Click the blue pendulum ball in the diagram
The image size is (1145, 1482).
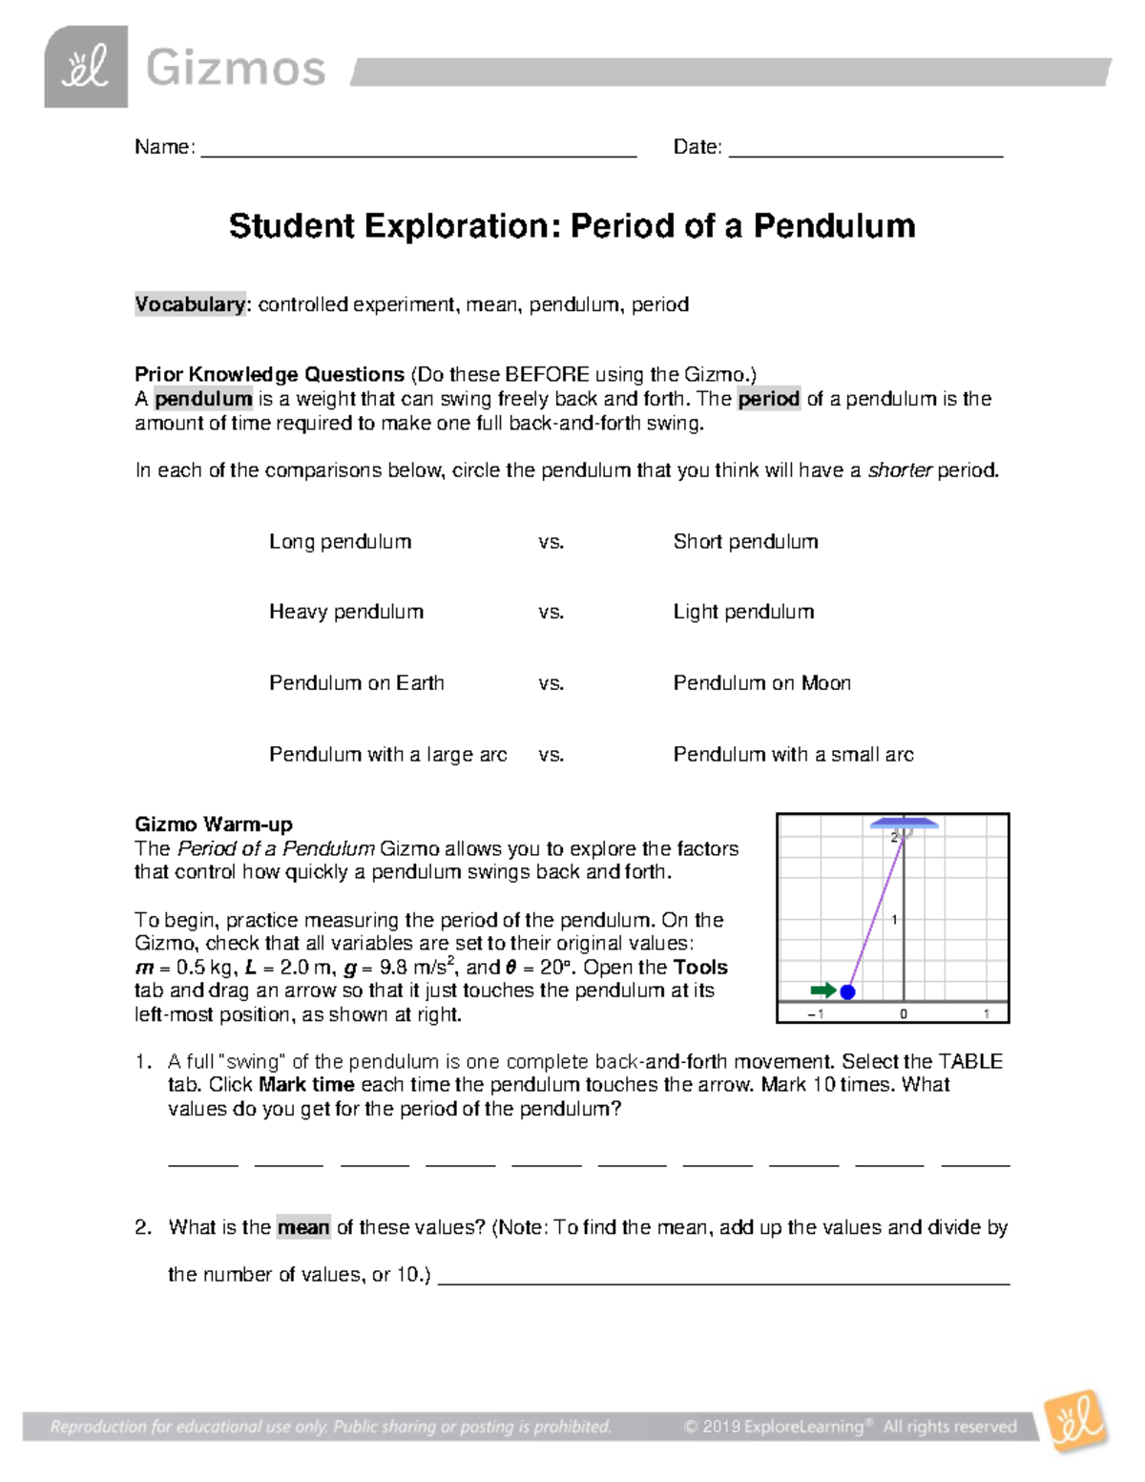tap(846, 991)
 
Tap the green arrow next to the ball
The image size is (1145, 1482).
tap(823, 990)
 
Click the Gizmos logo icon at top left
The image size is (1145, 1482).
tap(86, 68)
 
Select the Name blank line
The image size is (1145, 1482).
tap(418, 153)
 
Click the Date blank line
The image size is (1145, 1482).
tap(865, 153)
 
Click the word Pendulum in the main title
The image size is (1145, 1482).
tap(834, 226)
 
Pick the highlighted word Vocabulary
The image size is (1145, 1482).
tap(190, 304)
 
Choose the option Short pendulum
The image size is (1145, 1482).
tap(745, 542)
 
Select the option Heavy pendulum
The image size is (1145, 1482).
tap(346, 612)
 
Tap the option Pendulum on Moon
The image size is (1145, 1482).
tap(761, 683)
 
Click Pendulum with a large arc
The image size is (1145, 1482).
tap(387, 755)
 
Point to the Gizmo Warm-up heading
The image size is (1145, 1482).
tap(214, 824)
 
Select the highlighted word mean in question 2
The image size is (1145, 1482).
tap(303, 1227)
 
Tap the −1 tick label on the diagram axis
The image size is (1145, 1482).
tap(816, 1014)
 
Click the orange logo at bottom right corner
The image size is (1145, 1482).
tap(1075, 1422)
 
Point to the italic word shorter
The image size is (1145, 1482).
tap(899, 470)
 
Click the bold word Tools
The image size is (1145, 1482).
tap(700, 968)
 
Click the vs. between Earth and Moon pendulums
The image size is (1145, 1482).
tap(551, 683)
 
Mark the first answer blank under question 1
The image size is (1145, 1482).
tap(202, 1162)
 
